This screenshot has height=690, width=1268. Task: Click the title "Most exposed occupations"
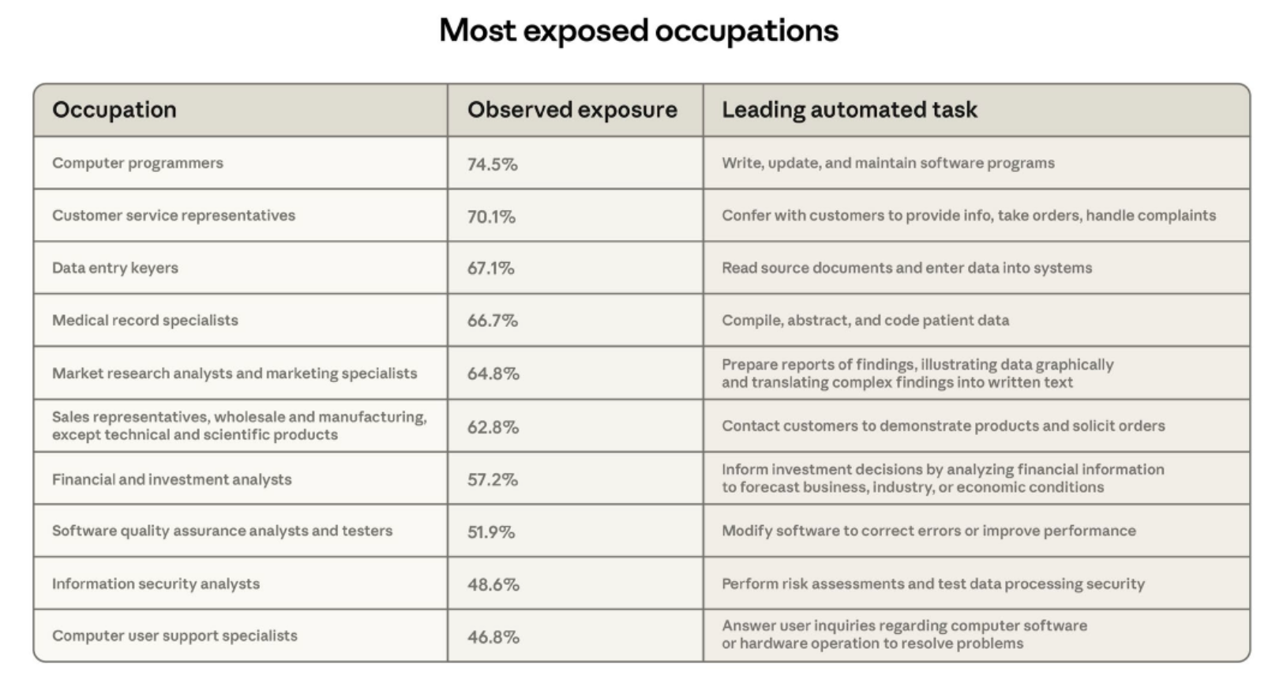coord(638,31)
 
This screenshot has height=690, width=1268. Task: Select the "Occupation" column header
coord(114,110)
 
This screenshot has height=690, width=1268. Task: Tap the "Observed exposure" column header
coord(572,110)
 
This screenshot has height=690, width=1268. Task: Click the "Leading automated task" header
coord(849,110)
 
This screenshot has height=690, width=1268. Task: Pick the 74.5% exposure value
coord(492,164)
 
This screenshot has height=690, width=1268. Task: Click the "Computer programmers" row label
coord(137,163)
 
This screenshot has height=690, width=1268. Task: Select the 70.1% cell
coord(491,216)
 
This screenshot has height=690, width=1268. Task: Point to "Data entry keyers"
coord(115,268)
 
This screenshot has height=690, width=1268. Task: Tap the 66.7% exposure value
coord(492,321)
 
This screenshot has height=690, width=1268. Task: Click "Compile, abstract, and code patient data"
coord(865,321)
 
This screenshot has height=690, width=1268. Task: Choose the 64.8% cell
coord(493,373)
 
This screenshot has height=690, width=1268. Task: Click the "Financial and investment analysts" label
coord(171,479)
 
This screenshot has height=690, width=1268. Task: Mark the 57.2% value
coord(492,479)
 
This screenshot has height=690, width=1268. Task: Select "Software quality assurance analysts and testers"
coord(222,531)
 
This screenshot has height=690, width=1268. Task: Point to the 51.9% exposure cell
coord(490,532)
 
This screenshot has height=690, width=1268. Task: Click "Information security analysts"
coord(156,583)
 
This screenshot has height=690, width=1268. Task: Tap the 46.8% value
coord(493,637)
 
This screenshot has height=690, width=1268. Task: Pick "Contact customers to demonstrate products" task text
coord(943,426)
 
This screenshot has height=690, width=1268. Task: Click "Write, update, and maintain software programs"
coord(887,163)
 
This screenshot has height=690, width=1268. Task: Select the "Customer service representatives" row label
coord(174,216)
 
